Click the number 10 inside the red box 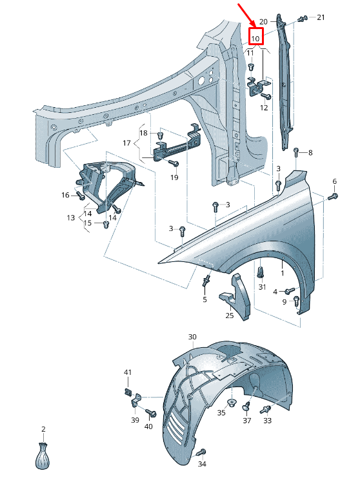click(x=255, y=39)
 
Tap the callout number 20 click(x=263, y=21)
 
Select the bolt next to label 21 click(x=301, y=19)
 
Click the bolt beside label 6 click(x=332, y=196)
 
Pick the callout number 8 click(x=310, y=153)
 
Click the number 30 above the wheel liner click(x=192, y=337)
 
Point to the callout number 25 click(x=230, y=316)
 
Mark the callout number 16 click(x=65, y=195)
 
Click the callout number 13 click(x=71, y=218)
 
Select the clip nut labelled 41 click(x=127, y=391)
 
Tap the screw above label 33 click(x=266, y=409)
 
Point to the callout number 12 click(x=263, y=108)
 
